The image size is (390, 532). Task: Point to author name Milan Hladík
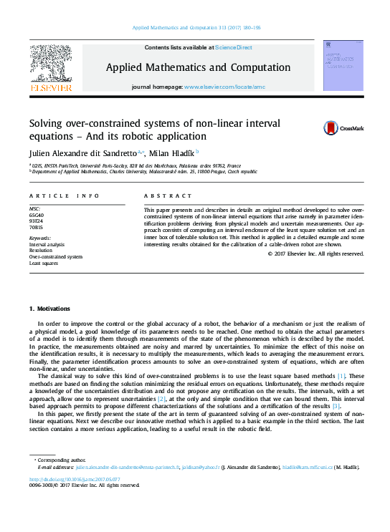176,153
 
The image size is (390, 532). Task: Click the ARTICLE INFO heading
64,195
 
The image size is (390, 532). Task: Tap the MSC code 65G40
36,215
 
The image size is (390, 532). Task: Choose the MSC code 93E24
36,221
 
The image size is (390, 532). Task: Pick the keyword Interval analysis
47,244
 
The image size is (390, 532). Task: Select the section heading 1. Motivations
49,309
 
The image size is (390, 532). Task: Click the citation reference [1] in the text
341,376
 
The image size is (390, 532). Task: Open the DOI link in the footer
74,479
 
